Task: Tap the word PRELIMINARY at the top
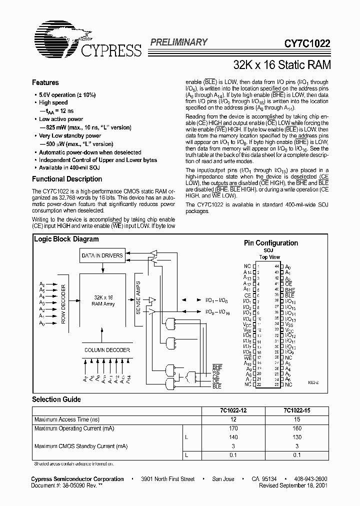(x=178, y=42)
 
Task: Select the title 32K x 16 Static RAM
(x=281, y=65)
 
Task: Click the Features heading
(x=45, y=82)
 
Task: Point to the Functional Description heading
(x=67, y=179)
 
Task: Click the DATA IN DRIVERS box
(x=102, y=255)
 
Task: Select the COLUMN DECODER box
(x=106, y=350)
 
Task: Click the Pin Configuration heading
(x=270, y=243)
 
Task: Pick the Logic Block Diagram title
(x=66, y=239)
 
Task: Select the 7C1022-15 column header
(x=297, y=410)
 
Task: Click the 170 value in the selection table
(x=233, y=428)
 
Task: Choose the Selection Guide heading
(x=56, y=399)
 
